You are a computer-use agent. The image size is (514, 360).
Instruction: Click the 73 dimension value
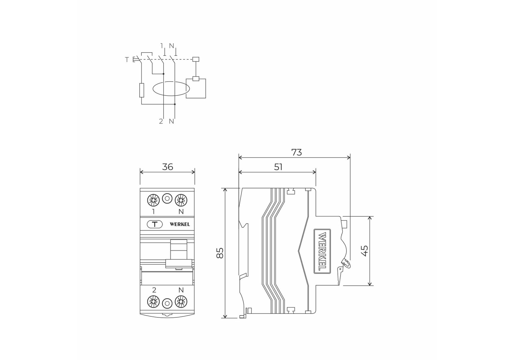[x=296, y=152]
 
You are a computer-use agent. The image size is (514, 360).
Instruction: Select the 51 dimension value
[x=278, y=167]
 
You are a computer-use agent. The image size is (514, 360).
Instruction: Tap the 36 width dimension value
[x=168, y=167]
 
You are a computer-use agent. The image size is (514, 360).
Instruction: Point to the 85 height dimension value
[x=220, y=253]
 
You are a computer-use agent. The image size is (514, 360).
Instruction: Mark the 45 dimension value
[x=365, y=251]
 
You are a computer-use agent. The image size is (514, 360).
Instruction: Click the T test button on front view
[x=155, y=224]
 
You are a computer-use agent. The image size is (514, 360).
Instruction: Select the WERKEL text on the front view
[x=180, y=224]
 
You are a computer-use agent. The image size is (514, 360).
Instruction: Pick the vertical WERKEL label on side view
[x=322, y=251]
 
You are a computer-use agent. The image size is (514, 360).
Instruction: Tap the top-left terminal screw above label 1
[x=153, y=200]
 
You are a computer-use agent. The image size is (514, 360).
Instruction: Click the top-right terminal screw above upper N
[x=181, y=200]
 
